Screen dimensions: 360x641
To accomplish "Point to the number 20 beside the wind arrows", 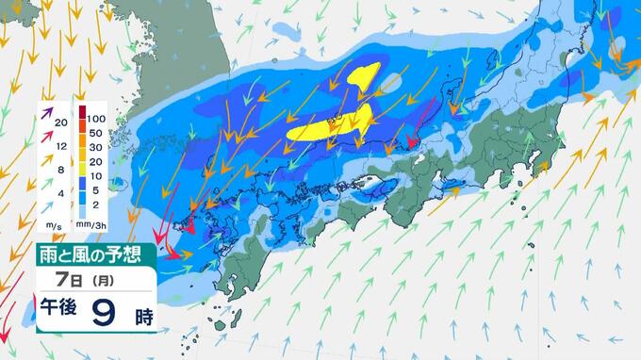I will click(62, 123).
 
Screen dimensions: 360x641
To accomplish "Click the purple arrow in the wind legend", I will click(45, 116).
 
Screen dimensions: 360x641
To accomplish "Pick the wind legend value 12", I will click(62, 146).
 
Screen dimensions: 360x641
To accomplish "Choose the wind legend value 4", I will click(62, 193).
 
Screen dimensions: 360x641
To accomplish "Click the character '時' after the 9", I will click(142, 316).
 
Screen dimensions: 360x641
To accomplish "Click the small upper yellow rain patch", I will click(367, 75).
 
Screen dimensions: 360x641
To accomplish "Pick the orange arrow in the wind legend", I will click(45, 162).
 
